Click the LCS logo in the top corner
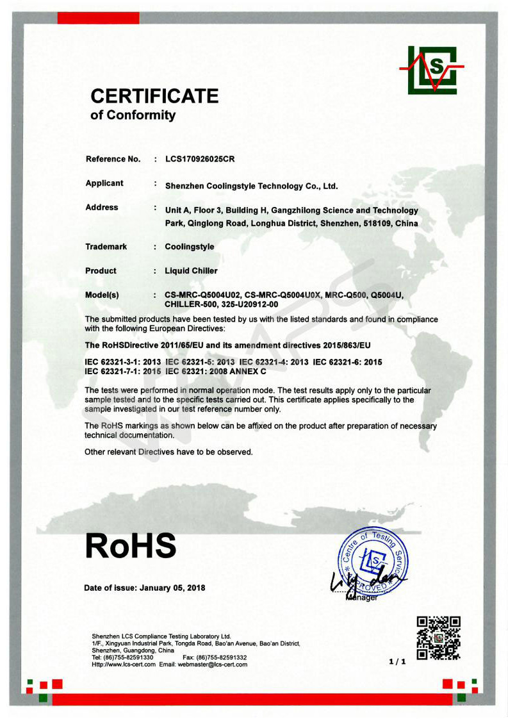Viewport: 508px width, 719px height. [x=432, y=70]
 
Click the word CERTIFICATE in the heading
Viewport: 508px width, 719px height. [x=154, y=96]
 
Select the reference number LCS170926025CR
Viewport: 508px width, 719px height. [x=204, y=159]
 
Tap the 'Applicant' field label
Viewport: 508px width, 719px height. [x=104, y=183]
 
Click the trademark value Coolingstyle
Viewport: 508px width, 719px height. [x=190, y=247]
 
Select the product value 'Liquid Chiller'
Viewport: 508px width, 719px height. [x=191, y=271]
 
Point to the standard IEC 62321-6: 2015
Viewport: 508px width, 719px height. [x=348, y=362]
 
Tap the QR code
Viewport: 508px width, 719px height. [x=439, y=638]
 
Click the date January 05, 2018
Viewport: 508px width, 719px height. [x=172, y=588]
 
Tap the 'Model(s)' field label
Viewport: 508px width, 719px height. [x=102, y=295]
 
